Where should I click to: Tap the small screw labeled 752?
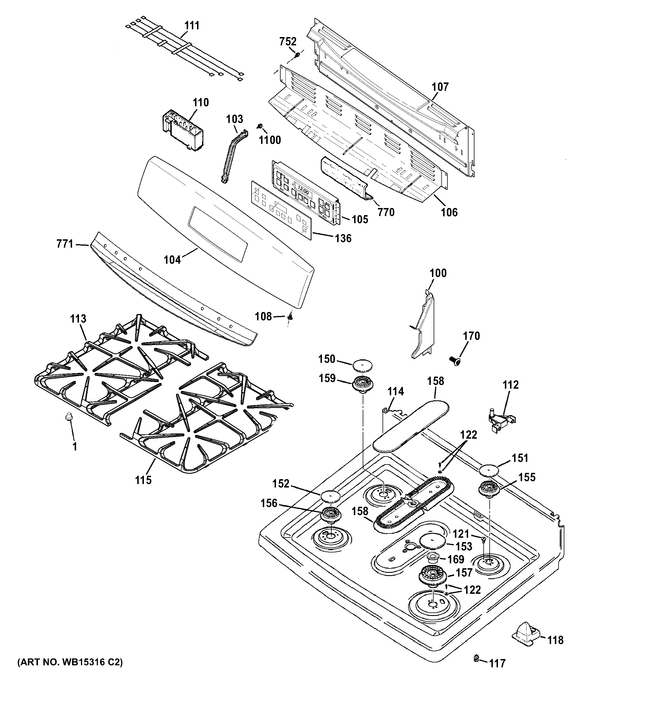pyautogui.click(x=297, y=55)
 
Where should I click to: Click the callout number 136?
pyautogui.click(x=343, y=238)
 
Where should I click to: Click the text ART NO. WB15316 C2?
pyautogui.click(x=70, y=662)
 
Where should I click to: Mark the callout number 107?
pyautogui.click(x=440, y=87)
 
